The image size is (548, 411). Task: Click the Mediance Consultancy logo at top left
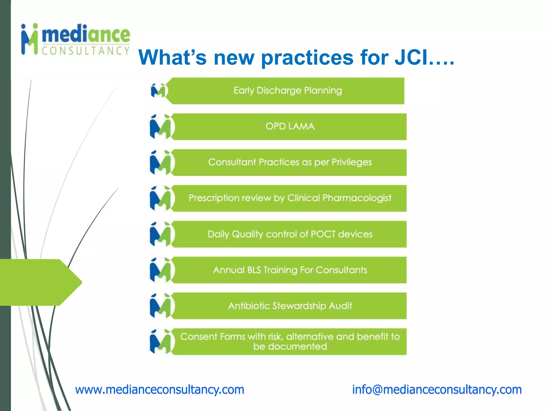pos(75,40)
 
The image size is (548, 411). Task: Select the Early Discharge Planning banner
pos(288,91)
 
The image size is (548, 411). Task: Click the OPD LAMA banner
pos(290,127)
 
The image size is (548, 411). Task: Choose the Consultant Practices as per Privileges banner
pos(290,162)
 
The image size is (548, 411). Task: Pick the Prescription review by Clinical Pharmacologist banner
pos(290,198)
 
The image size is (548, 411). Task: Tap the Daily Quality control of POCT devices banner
pos(290,234)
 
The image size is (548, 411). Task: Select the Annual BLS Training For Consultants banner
pos(290,270)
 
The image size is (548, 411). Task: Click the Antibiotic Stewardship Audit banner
pos(290,306)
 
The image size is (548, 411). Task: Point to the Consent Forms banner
pos(290,342)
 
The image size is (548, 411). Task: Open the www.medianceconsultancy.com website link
pos(160,390)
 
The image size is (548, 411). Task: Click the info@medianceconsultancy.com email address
pos(437,390)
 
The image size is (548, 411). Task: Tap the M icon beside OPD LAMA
pos(161,127)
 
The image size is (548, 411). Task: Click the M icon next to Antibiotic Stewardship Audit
pos(161,306)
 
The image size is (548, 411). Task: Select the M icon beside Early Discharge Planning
pos(158,91)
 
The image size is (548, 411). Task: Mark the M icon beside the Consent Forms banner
pos(161,342)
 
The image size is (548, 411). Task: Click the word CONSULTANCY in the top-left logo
pos(86,51)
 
